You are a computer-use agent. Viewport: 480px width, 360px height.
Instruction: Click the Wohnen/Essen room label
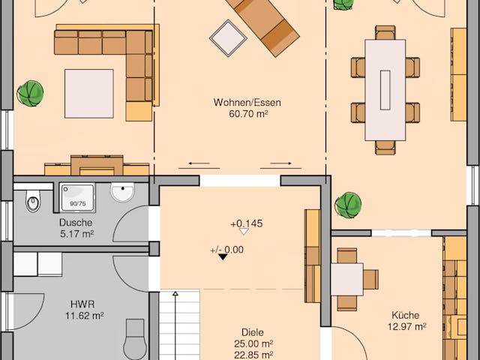tap(241, 103)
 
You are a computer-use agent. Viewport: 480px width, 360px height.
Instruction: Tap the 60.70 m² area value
tap(241, 115)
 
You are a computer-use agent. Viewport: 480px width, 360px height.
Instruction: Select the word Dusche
tap(76, 223)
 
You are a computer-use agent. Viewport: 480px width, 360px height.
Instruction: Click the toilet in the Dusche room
tap(32, 201)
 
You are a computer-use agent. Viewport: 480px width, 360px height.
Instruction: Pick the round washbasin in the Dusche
tap(122, 193)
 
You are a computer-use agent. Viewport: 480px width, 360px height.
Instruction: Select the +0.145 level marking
tap(246, 223)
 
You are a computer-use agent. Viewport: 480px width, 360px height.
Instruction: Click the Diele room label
tap(253, 331)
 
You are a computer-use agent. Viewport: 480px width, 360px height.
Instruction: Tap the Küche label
tap(405, 315)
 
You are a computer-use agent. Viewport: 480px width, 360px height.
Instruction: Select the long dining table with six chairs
tap(385, 89)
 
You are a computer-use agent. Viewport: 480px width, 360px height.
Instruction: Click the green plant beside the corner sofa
tap(31, 94)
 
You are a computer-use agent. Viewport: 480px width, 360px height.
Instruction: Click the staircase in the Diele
tap(180, 326)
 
